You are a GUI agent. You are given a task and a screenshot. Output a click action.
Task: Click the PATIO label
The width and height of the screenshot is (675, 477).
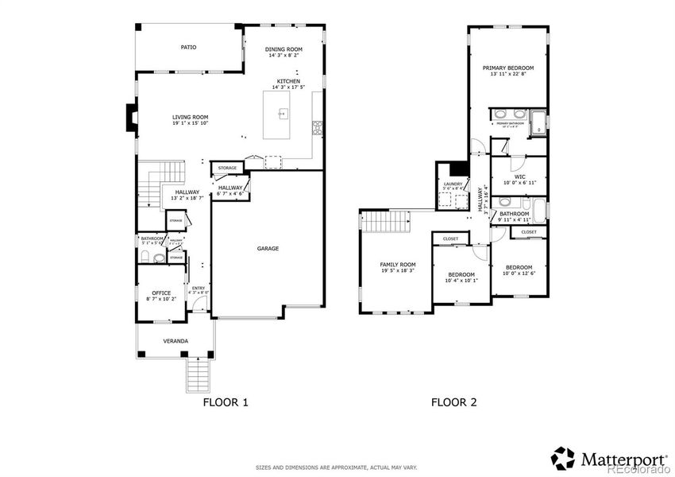click(x=188, y=48)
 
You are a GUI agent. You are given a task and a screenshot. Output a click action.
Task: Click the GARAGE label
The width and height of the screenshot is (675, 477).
click(x=268, y=249)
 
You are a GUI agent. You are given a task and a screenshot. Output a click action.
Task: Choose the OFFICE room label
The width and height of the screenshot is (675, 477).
click(x=161, y=293)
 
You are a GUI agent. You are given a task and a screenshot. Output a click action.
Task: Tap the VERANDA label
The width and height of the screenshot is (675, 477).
click(x=175, y=341)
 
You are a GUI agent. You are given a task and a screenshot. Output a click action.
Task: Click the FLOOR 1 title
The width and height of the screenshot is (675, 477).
click(x=226, y=402)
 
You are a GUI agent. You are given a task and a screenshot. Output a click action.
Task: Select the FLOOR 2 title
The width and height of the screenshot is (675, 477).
click(x=454, y=402)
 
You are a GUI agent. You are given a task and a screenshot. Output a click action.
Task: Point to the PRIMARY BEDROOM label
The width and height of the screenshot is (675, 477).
click(x=508, y=69)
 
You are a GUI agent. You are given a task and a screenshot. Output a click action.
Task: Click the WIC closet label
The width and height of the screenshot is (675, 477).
click(x=519, y=176)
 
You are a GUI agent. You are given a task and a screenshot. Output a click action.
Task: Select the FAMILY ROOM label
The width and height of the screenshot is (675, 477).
click(x=398, y=264)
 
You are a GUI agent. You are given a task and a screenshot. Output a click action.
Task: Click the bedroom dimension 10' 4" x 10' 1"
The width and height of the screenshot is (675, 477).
click(x=462, y=280)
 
